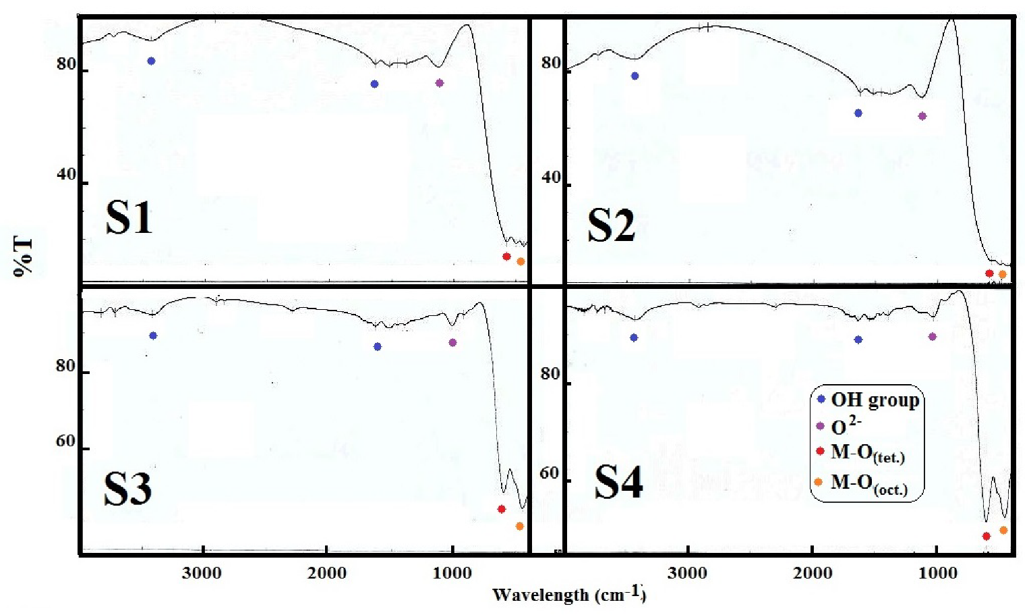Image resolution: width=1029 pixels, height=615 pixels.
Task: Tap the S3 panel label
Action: click(x=127, y=489)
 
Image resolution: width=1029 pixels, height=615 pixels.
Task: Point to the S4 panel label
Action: click(x=618, y=482)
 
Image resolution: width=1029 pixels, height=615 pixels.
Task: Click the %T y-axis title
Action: click(x=23, y=256)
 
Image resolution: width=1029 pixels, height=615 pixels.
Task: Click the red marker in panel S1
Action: click(x=506, y=257)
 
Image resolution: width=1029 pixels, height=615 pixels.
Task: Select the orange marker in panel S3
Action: click(x=520, y=526)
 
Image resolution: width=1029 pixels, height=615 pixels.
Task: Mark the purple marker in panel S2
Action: click(x=922, y=116)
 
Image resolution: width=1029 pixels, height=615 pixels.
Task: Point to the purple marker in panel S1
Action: click(x=440, y=83)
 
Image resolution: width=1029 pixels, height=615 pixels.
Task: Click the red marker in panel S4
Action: click(x=987, y=536)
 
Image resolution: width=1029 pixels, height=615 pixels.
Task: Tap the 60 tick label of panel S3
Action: click(x=65, y=442)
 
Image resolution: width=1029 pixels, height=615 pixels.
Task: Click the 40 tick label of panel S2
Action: click(x=551, y=177)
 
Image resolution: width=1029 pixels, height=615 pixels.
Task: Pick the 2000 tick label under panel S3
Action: click(x=327, y=573)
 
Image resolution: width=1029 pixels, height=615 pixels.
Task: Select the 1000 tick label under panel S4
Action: click(x=938, y=573)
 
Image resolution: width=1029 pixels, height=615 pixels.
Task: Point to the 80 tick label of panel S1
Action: click(x=66, y=64)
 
